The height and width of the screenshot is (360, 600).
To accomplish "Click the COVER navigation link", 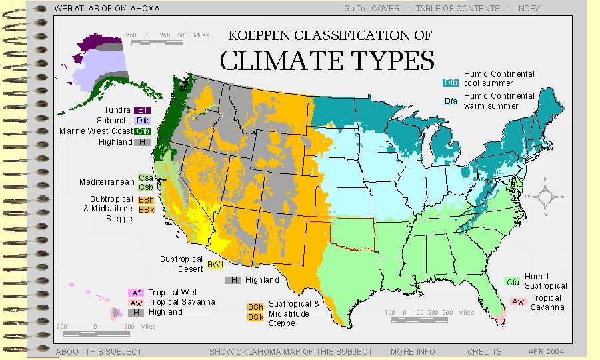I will pyautogui.click(x=385, y=9).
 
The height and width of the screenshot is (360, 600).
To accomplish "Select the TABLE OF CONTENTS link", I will pyautogui.click(x=457, y=9).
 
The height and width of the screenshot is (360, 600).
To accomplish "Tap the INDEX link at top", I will pyautogui.click(x=527, y=9).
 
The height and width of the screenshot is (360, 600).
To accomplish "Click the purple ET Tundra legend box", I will pyautogui.click(x=141, y=110).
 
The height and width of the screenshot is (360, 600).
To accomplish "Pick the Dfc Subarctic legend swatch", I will pyautogui.click(x=141, y=121).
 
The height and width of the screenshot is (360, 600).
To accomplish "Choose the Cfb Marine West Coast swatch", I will pyautogui.click(x=143, y=131).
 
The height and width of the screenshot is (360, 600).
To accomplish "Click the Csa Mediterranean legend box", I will pyautogui.click(x=146, y=178).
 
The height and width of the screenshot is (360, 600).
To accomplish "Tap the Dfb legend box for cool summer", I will pyautogui.click(x=451, y=83).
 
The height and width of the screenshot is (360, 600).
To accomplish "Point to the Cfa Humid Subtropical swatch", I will pyautogui.click(x=513, y=282).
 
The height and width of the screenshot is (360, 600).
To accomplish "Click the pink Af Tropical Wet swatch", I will pyautogui.click(x=136, y=293).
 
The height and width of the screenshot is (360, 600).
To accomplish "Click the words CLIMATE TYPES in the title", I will pyautogui.click(x=327, y=60).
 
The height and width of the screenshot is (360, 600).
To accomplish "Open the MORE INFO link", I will pyautogui.click(x=413, y=351).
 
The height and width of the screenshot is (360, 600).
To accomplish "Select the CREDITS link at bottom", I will pyautogui.click(x=485, y=351).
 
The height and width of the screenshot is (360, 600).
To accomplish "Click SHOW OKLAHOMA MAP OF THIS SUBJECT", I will pyautogui.click(x=291, y=351).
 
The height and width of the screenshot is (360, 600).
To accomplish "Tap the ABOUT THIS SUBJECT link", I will pyautogui.click(x=99, y=351).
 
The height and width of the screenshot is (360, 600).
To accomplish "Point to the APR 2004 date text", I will pyautogui.click(x=547, y=351).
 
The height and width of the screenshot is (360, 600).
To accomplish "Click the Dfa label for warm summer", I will pyautogui.click(x=451, y=101).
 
